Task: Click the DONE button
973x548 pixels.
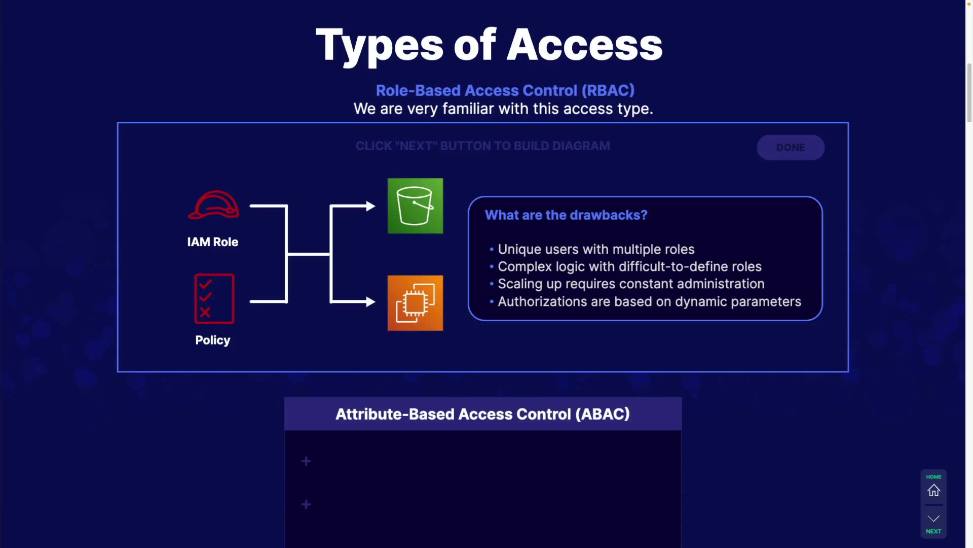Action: coord(791,147)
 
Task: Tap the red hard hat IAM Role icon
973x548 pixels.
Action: coord(213,205)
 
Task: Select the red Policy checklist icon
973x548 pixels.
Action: coord(214,299)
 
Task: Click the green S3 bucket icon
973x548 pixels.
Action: coord(415,205)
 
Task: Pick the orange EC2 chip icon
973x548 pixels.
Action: coord(415,303)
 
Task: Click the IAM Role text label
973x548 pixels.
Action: coord(213,242)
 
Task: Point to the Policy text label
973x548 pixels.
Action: coord(213,340)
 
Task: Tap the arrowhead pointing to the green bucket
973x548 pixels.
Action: coord(370,206)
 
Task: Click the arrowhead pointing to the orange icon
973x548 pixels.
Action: coord(370,301)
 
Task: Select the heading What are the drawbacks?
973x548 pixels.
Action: coord(566,215)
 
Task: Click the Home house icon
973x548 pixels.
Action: coord(933,491)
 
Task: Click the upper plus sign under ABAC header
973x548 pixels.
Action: coord(306,461)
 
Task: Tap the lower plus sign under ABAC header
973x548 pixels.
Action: coord(306,504)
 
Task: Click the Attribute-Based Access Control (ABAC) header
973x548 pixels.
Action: coord(482,414)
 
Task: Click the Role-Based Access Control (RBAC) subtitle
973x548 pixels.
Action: coord(505,90)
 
